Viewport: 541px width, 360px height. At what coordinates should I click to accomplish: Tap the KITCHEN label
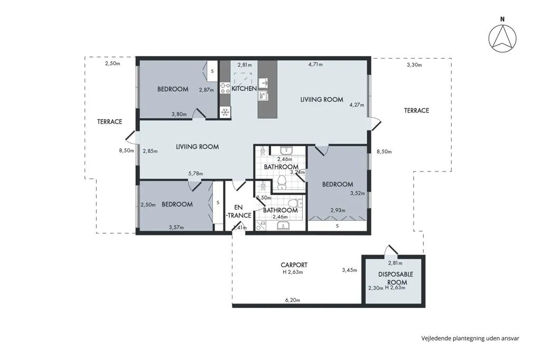[244, 89]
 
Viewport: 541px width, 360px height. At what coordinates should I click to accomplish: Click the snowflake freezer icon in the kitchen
[225, 112]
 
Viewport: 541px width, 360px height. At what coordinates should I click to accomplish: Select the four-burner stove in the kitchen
[225, 88]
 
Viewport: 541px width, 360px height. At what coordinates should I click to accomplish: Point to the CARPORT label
[294, 265]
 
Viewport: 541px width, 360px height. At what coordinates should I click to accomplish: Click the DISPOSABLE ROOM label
[396, 278]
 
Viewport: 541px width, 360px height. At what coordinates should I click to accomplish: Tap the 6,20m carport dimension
[293, 300]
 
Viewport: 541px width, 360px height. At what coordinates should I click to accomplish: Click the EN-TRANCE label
[238, 211]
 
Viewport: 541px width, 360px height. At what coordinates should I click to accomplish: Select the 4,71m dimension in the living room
[315, 64]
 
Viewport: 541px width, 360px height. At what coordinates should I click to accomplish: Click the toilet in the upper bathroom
[282, 182]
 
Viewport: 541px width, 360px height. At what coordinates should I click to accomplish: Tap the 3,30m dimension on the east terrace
[414, 65]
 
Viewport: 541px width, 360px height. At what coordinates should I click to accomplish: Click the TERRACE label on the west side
[109, 121]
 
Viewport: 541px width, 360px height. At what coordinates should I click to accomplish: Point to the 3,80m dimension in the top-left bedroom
[179, 114]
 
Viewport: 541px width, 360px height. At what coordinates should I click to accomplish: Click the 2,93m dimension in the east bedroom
[338, 210]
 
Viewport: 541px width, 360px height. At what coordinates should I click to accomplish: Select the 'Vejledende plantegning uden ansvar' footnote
[470, 338]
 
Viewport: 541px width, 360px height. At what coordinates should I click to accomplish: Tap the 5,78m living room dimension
[195, 174]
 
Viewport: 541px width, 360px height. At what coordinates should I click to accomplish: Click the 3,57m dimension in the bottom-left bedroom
[176, 227]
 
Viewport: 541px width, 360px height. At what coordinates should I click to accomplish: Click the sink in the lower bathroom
[284, 226]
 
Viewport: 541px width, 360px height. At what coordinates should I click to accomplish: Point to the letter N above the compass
[502, 20]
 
